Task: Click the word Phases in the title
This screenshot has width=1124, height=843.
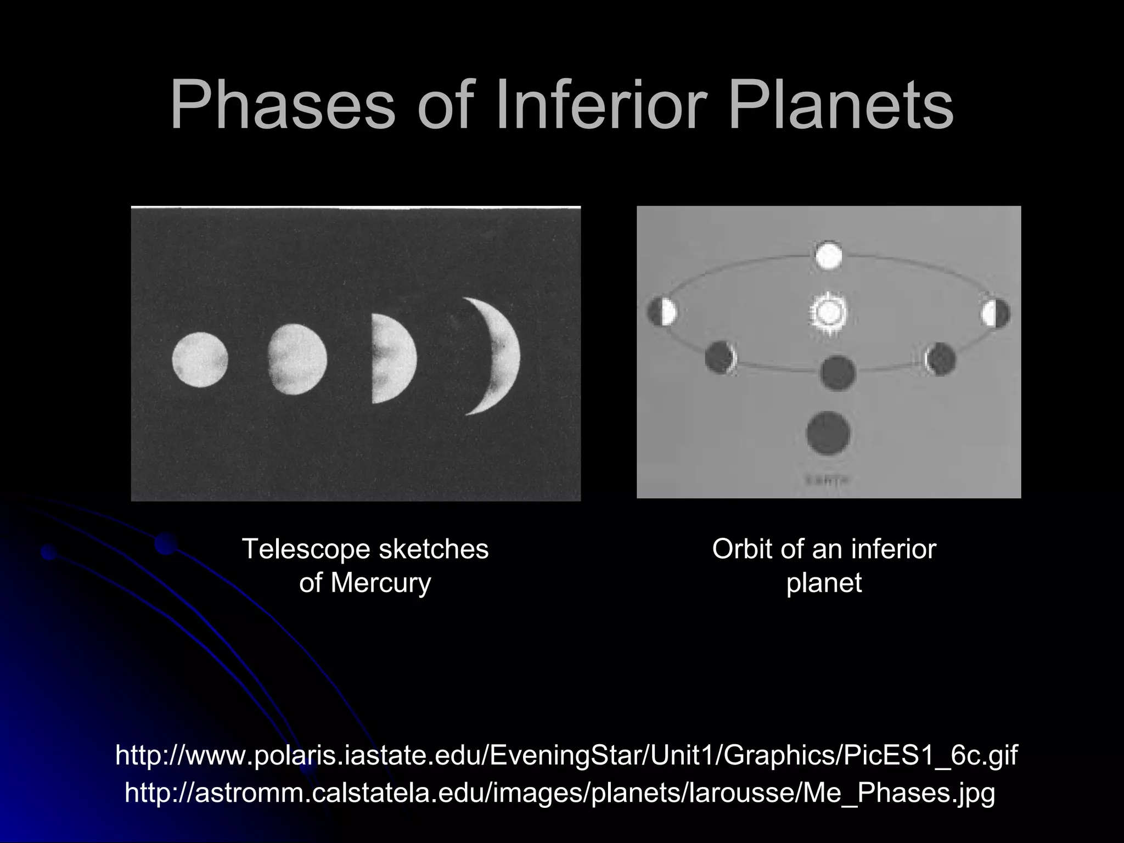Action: point(282,106)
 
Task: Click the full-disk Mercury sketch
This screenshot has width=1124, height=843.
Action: point(200,359)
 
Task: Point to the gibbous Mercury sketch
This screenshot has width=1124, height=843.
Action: point(297,359)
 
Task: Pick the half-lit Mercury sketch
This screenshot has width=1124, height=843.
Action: point(392,359)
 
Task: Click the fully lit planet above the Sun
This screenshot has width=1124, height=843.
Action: point(828,255)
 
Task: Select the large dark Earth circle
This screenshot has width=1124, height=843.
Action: point(828,434)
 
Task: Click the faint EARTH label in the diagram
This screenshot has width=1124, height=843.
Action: point(828,481)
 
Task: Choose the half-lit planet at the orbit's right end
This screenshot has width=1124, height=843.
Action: point(995,313)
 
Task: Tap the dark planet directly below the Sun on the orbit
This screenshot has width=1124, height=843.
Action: point(838,373)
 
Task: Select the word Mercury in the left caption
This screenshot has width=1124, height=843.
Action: point(380,582)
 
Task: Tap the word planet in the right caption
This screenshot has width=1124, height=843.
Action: point(824,582)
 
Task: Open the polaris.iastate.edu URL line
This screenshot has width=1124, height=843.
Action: point(566,756)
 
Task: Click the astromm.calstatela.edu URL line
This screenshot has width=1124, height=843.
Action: point(560,793)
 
